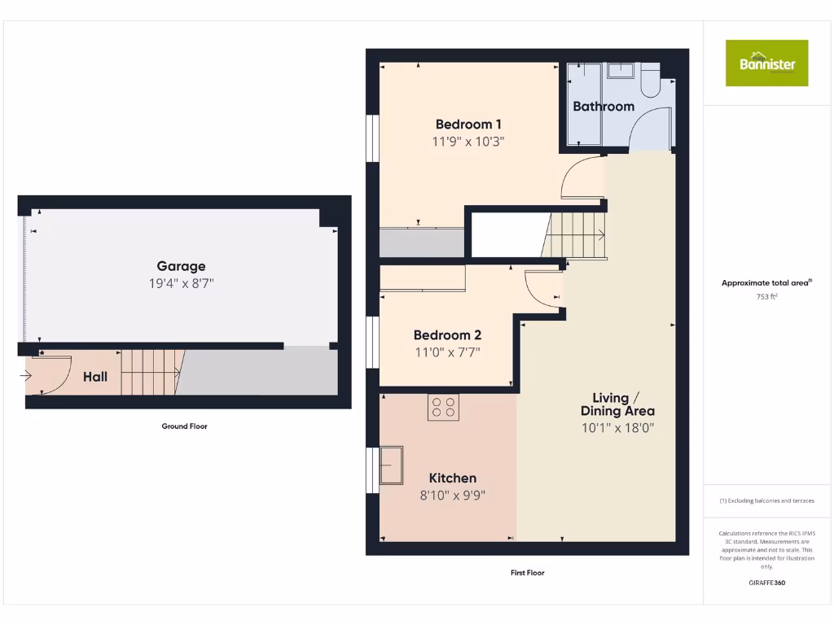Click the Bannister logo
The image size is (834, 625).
[766, 63]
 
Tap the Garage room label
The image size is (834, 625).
[181, 266]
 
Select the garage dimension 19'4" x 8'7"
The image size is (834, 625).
[181, 283]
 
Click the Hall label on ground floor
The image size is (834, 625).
[95, 377]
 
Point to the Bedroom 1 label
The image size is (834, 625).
[468, 125]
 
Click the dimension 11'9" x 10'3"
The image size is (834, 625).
[468, 141]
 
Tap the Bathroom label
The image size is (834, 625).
[604, 107]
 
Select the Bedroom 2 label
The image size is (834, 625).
[447, 335]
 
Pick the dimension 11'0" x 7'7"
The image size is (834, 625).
[447, 352]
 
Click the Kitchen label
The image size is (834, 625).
[453, 479]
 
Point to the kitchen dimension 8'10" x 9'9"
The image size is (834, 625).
[453, 495]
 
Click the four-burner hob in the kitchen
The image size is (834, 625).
[443, 407]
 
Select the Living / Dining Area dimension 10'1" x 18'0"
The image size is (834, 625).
[617, 427]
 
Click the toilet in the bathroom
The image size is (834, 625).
[652, 81]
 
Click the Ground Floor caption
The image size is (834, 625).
[184, 426]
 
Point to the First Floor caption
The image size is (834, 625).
[527, 573]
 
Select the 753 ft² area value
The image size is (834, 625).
[766, 297]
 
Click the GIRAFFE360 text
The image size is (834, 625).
[766, 583]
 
